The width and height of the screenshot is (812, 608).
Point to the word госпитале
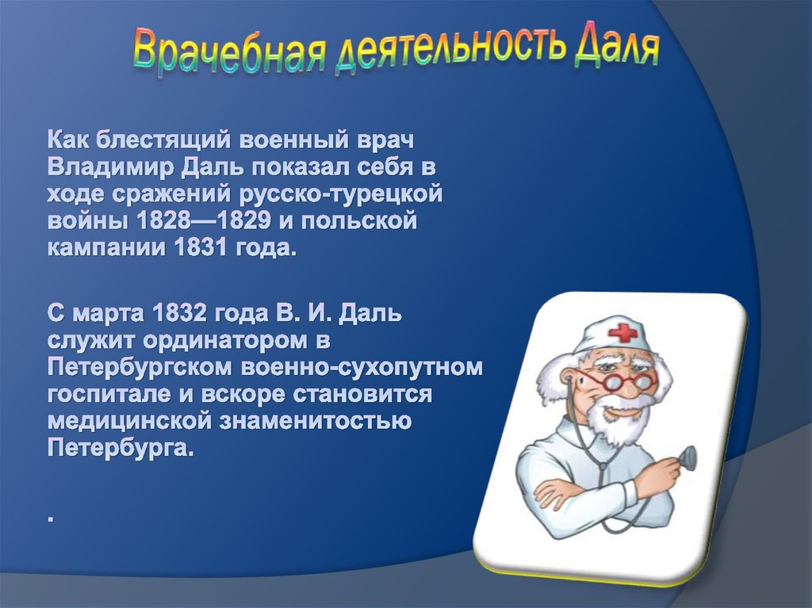tap(106, 394)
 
